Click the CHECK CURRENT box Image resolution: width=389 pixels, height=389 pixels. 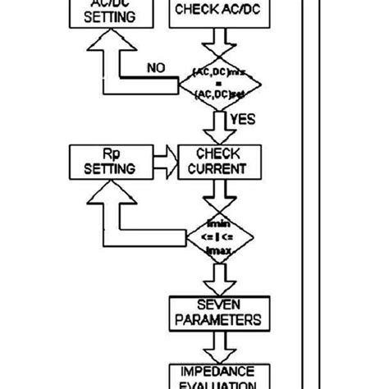click(217, 161)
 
